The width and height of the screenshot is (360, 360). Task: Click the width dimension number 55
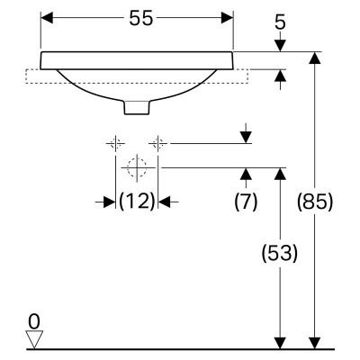(141, 19)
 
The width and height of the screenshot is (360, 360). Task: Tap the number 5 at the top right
(280, 22)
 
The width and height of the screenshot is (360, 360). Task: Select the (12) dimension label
(137, 201)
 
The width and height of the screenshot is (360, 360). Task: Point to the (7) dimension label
(246, 201)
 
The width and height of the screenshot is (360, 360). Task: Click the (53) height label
(280, 253)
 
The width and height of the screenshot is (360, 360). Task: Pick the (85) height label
(315, 201)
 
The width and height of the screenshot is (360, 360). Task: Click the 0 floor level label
(34, 322)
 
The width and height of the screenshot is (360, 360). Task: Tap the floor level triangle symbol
(34, 339)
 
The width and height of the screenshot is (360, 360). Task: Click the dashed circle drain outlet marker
(137, 167)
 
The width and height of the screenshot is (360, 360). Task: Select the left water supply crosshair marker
(115, 143)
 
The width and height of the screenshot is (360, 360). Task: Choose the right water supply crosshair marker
(157, 143)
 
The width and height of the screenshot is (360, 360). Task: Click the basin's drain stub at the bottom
(137, 107)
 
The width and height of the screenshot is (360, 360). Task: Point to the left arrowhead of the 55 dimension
(47, 18)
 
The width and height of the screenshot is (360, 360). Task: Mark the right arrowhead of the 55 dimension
(227, 18)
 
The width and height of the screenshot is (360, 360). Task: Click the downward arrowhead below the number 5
(280, 46)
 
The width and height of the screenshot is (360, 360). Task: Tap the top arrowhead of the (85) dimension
(315, 58)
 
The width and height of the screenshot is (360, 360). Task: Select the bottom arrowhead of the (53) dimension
(280, 343)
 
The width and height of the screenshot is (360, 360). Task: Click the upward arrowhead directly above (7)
(246, 174)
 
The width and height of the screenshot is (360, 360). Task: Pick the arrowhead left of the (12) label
(110, 202)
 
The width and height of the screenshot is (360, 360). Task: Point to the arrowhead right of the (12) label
(164, 202)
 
